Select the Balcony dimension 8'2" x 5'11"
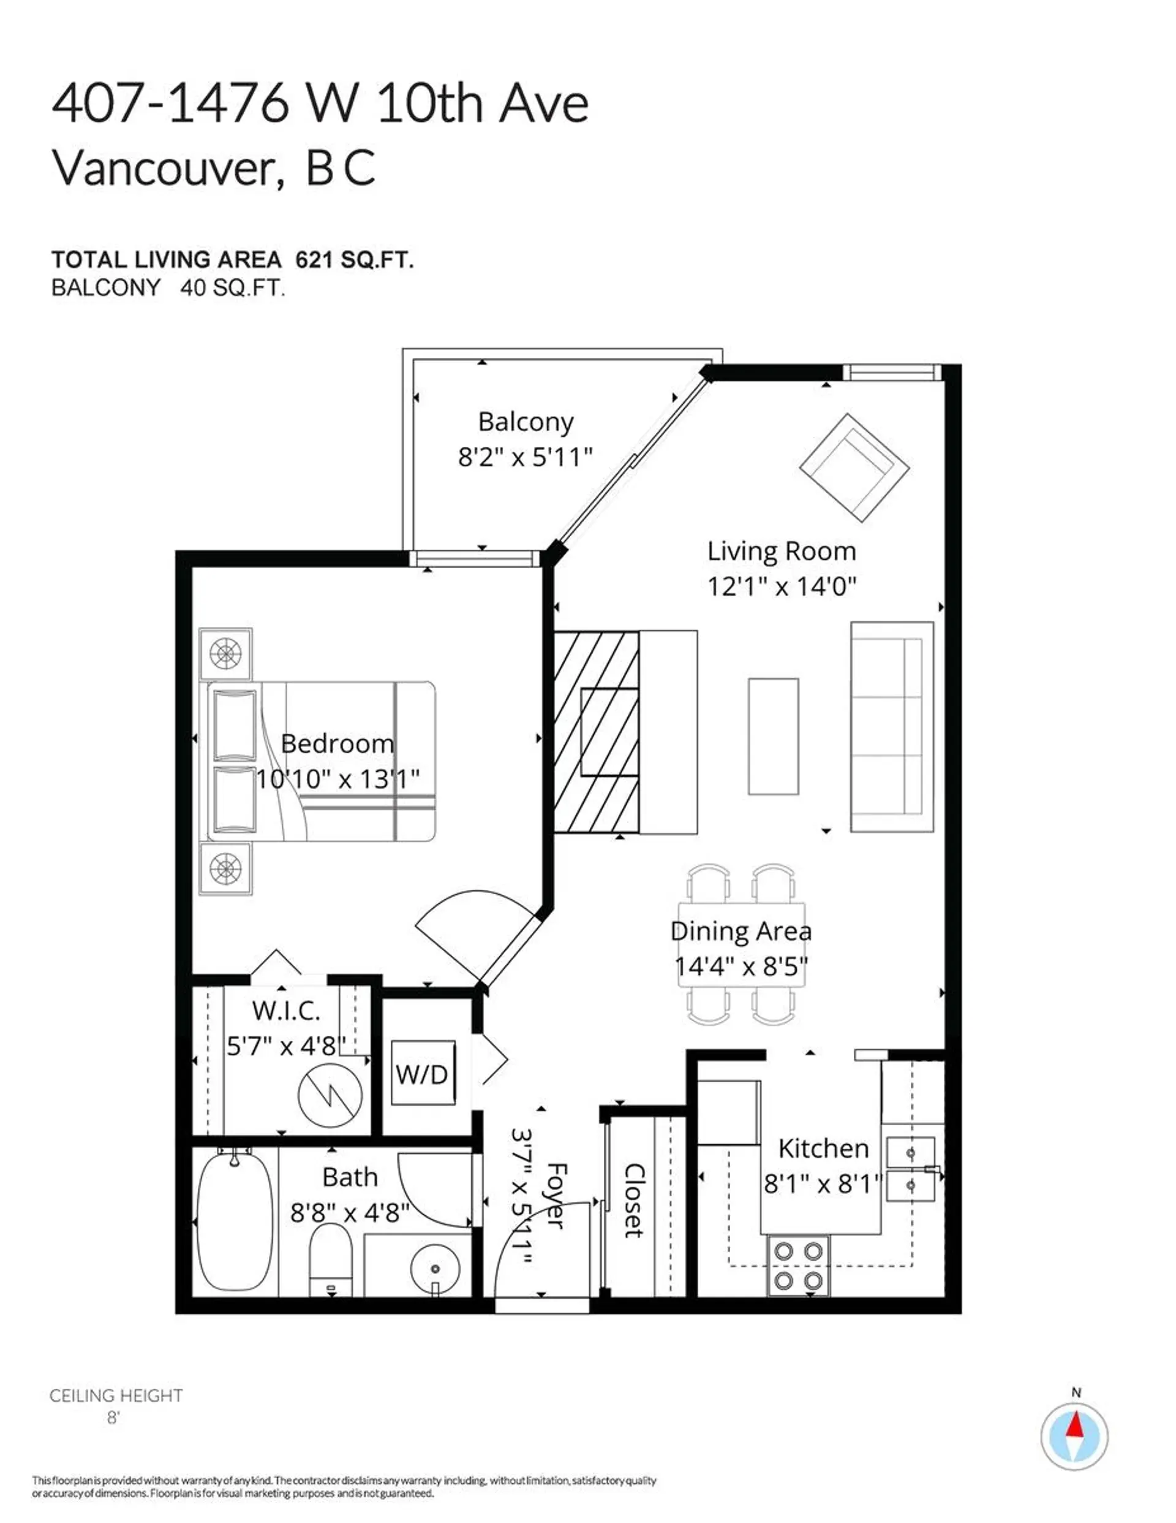tap(525, 457)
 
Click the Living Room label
tap(782, 552)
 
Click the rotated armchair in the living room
tap(854, 466)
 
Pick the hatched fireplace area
tap(596, 732)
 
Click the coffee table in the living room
tap(773, 735)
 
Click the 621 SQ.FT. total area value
tap(354, 260)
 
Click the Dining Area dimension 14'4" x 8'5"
tap(741, 967)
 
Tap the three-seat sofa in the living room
tap(892, 727)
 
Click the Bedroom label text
tap(337, 743)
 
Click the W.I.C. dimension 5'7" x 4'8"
tap(286, 1046)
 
